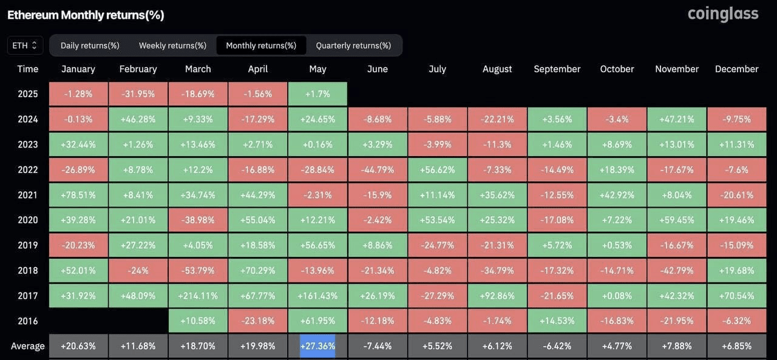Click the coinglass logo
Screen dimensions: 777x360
tap(723, 14)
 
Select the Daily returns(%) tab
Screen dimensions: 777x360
tap(90, 46)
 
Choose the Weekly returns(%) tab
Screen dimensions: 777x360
tap(173, 46)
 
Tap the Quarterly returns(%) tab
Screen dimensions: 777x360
tap(353, 46)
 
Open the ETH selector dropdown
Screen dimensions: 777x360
tap(25, 46)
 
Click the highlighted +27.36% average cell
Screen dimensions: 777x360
tap(317, 346)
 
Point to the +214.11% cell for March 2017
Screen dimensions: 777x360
tap(198, 296)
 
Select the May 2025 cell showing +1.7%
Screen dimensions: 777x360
tap(317, 93)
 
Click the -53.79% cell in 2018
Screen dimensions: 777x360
tap(198, 271)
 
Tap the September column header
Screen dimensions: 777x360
tap(557, 69)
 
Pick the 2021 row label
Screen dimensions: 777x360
tap(28, 195)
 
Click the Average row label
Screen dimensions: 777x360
tap(28, 346)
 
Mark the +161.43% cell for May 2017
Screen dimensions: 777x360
tap(317, 296)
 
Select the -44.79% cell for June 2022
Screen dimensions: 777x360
tap(378, 169)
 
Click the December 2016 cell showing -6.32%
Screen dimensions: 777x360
tap(737, 321)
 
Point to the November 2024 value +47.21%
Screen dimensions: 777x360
tap(677, 120)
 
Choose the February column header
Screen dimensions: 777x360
tap(138, 69)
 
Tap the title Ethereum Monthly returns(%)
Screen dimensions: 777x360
tap(86, 15)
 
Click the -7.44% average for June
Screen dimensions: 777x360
tap(378, 346)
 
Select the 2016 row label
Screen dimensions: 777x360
tap(28, 321)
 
